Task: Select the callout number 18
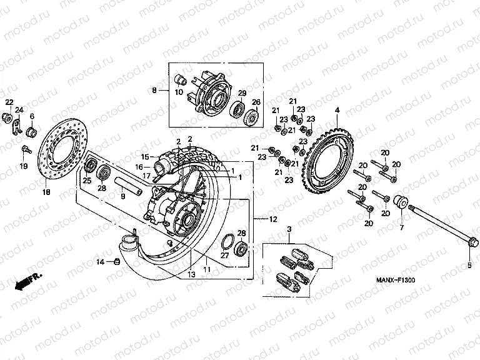coord(46,193)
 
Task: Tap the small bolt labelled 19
coord(24,149)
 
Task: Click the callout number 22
coord(9,102)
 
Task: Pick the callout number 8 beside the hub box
coord(154,90)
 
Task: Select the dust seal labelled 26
coord(254,116)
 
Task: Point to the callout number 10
coord(178,92)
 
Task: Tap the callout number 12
coord(273,219)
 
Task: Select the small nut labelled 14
coord(115,261)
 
